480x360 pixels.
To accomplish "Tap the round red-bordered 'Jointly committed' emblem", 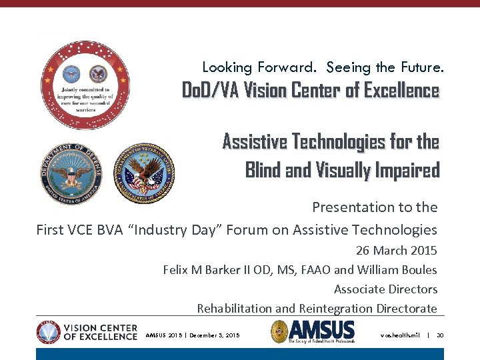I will coord(85,85).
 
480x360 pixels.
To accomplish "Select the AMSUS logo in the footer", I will coord(313,331).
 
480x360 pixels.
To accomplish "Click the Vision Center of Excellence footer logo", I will coord(87,331).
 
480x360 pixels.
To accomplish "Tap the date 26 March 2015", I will coord(397,251).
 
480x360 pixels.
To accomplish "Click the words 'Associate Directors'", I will coord(385,289).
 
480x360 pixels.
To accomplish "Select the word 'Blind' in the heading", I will coord(263,171).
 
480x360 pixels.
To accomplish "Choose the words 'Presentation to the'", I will coord(375,207).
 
